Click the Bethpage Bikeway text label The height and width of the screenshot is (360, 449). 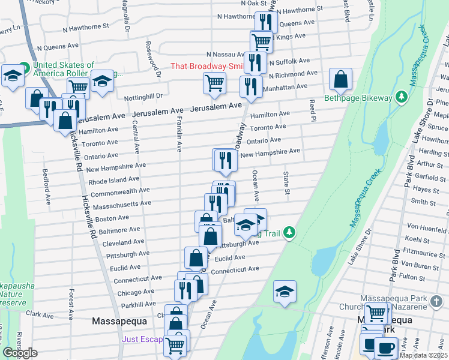pyautogui.click(x=358, y=98)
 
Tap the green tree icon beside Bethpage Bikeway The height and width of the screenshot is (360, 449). pyautogui.click(x=401, y=97)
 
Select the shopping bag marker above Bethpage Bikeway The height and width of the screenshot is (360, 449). pyautogui.click(x=340, y=79)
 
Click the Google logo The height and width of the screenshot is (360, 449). pyautogui.click(x=20, y=353)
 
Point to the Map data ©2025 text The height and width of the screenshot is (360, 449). pyautogui.click(x=423, y=355)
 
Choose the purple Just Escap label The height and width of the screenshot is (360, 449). pyautogui.click(x=143, y=339)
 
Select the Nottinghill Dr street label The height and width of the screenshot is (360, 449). pyautogui.click(x=143, y=97)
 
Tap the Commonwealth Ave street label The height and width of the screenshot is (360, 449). pyautogui.click(x=118, y=191)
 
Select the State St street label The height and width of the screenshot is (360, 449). pyautogui.click(x=287, y=183)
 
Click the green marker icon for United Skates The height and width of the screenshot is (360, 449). pyautogui.click(x=25, y=66)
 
